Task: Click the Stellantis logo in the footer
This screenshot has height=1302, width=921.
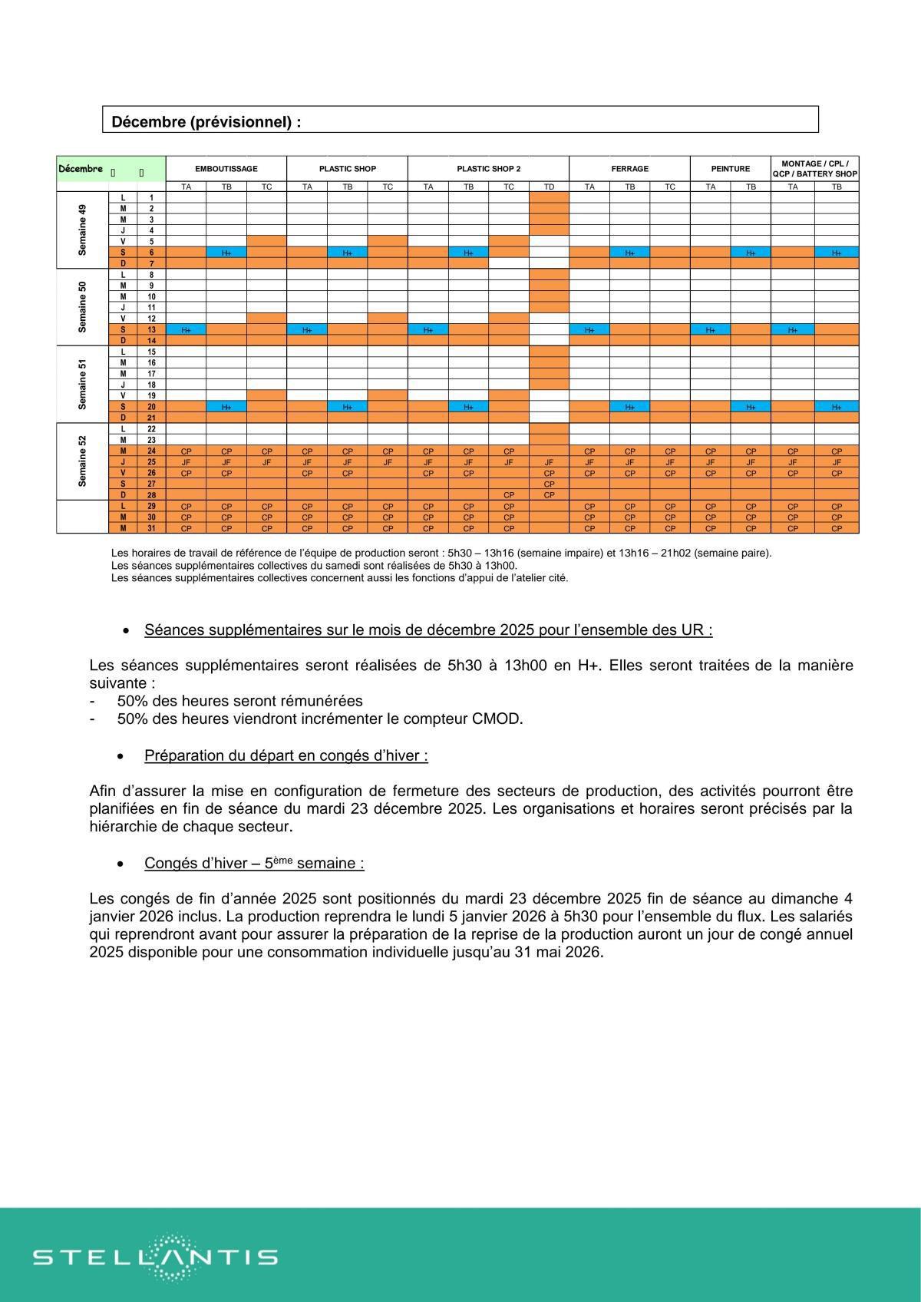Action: coord(154,1257)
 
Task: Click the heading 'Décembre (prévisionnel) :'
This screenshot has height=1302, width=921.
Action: coord(206,121)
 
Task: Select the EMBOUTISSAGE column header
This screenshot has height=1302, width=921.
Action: coord(226,168)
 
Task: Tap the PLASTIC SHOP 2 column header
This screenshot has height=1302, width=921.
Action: coord(488,168)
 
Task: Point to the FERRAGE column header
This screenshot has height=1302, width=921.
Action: coord(629,168)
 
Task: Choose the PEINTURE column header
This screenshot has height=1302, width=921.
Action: coord(730,168)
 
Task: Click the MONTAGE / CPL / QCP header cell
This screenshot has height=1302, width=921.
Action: coord(814,168)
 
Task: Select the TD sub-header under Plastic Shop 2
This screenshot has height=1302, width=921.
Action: coord(549,187)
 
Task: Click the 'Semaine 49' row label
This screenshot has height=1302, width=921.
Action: coord(82,230)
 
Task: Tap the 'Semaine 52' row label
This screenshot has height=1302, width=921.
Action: coord(82,461)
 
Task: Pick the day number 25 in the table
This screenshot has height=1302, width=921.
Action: coord(151,462)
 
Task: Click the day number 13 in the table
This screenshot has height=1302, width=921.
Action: coord(151,329)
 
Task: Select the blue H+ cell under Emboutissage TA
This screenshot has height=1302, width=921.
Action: coord(186,329)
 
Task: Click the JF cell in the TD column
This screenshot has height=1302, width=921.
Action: coord(549,462)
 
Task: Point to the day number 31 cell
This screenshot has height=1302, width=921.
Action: coord(151,528)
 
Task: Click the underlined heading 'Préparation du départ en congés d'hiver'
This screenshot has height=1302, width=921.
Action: coord(286,755)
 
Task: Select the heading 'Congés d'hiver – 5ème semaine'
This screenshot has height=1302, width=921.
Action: coord(254,863)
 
